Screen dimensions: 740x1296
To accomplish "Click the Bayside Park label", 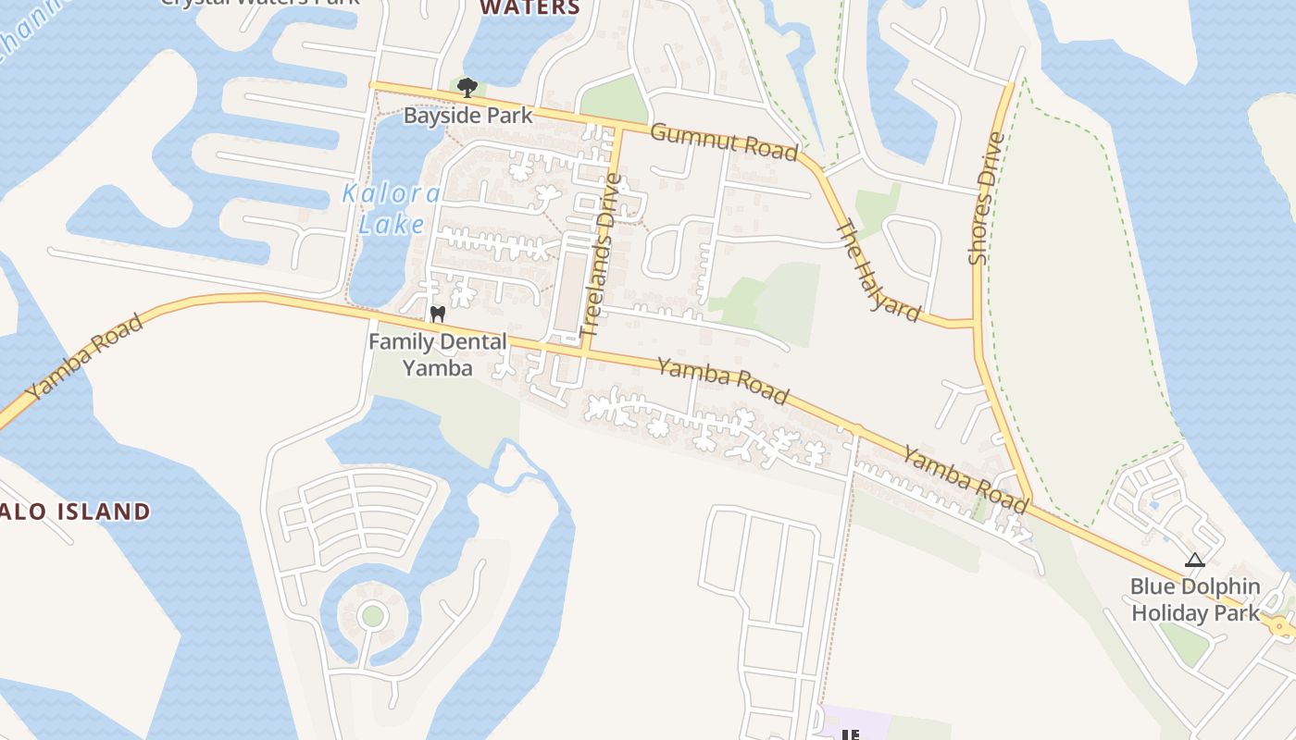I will click(468, 116).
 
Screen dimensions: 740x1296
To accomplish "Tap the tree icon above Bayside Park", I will click(467, 88).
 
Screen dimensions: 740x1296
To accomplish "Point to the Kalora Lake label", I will click(392, 209).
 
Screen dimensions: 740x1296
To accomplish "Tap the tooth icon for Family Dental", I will click(438, 314).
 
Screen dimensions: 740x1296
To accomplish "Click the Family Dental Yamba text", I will click(438, 355).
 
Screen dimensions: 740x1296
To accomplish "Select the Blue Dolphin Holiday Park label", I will click(1195, 599).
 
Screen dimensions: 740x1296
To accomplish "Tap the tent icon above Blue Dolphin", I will click(1195, 560).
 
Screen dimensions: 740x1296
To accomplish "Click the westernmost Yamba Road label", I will click(85, 357).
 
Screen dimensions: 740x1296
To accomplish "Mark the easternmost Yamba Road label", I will click(966, 479).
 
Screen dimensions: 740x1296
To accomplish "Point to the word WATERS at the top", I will click(530, 8).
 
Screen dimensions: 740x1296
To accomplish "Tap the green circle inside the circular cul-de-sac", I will click(372, 615).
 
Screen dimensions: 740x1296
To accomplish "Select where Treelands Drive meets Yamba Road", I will click(585, 352).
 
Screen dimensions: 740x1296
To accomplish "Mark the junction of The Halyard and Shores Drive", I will click(976, 324).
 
